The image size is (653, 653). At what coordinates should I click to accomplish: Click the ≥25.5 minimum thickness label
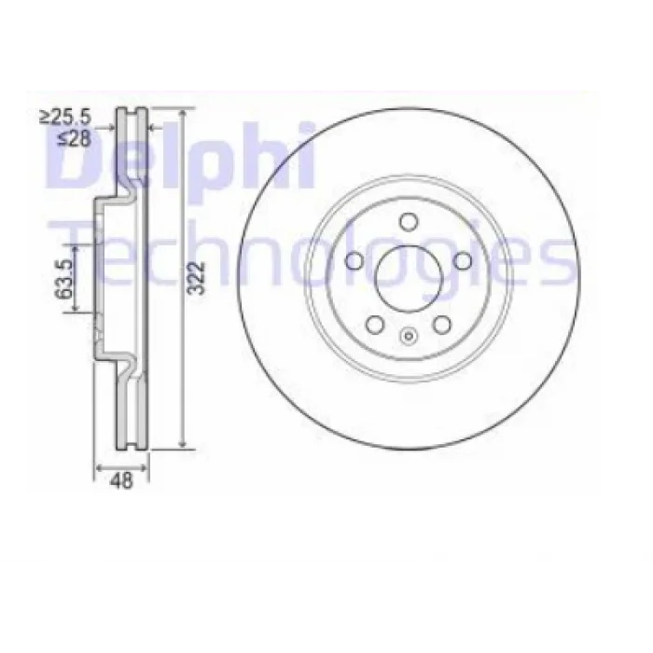point(65,117)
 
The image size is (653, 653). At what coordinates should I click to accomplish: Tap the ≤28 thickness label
point(75,138)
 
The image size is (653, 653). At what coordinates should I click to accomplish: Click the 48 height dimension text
point(121,481)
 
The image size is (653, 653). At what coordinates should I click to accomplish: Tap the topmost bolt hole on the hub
point(409,221)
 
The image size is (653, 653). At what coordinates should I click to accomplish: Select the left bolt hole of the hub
point(354,260)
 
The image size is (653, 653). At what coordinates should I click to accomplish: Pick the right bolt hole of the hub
point(463,260)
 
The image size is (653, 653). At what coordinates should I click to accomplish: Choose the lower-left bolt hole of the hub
point(375,325)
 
